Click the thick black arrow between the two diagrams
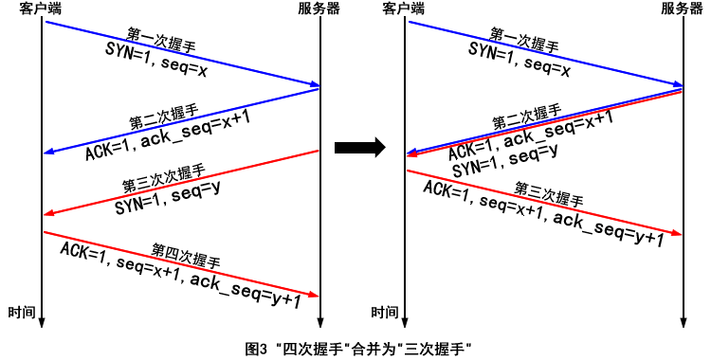[360, 147]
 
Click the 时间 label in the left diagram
[22, 312]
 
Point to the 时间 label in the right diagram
[385, 312]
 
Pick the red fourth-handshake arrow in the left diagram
[180, 263]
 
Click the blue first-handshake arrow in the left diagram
[180, 54]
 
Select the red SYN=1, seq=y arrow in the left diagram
[180, 182]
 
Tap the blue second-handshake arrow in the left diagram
[180, 119]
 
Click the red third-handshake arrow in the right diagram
[544, 202]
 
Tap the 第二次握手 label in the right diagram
[526, 115]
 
